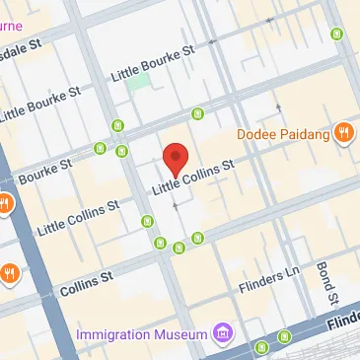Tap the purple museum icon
[224, 332]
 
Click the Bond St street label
[325, 285]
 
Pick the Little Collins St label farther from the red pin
[77, 218]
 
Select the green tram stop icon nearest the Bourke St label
[100, 148]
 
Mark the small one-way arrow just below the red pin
[176, 205]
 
